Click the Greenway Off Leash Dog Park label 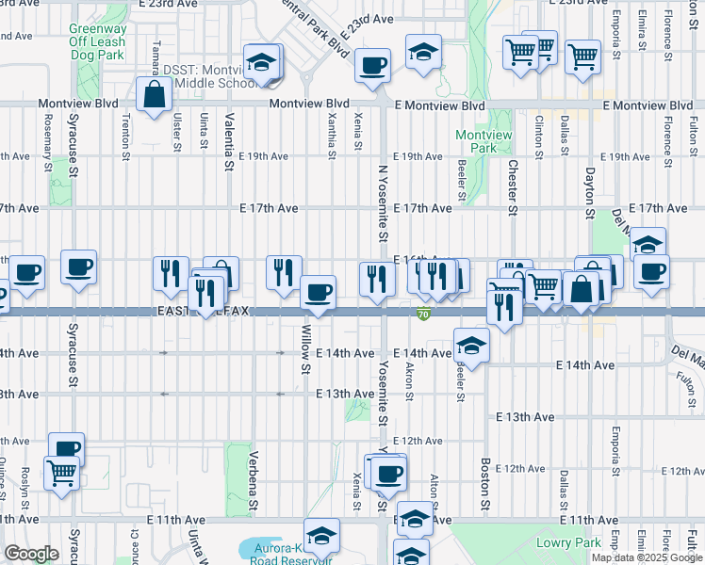click(97, 42)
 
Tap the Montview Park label click(483, 141)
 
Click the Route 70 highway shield click(425, 314)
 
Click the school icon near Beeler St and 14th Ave click(470, 345)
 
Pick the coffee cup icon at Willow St click(319, 293)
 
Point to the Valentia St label click(229, 142)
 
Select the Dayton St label click(590, 193)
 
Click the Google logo click(31, 554)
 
